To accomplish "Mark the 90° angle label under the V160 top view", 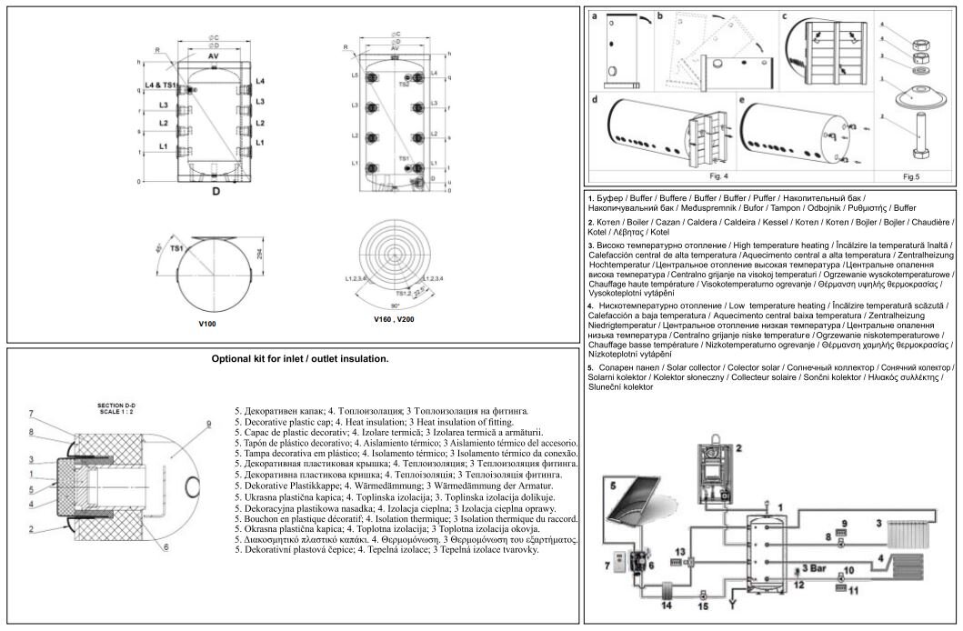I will pyautogui.click(x=395, y=306).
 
